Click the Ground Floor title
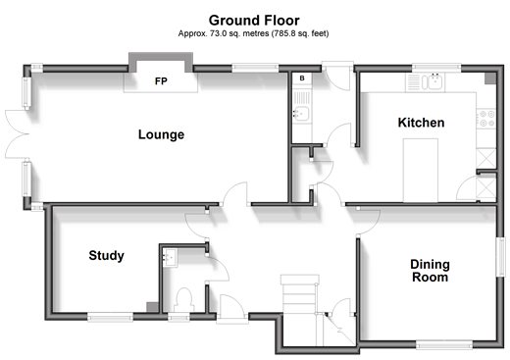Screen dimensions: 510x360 point(254,21)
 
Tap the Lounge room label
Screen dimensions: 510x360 point(161,134)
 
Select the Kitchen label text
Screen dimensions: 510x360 point(421,123)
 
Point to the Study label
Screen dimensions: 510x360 point(107,255)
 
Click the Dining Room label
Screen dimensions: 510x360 point(430,271)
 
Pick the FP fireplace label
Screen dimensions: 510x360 point(161,80)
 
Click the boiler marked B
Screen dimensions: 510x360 point(302,78)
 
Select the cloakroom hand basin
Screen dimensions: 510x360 point(171,258)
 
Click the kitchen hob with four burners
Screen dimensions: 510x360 point(486,119)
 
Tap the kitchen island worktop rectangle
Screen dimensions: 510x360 point(420,171)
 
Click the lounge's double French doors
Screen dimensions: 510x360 point(17,134)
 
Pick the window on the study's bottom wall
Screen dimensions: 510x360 point(110,317)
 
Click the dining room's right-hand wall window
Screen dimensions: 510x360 point(500,257)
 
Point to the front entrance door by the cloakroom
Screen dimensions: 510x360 point(232,309)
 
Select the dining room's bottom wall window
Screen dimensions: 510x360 point(444,345)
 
